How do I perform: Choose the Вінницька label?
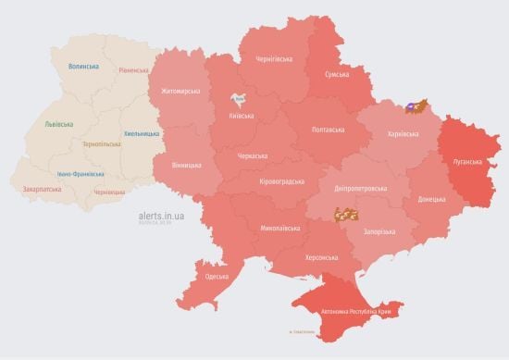click(187, 165)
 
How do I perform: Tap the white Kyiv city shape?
click(239, 99)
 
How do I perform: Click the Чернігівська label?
click(275, 58)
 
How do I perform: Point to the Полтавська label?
click(329, 129)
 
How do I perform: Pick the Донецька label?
click(431, 199)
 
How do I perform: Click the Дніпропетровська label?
click(360, 188)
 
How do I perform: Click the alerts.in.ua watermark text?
click(162, 212)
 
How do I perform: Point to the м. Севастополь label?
click(302, 331)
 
